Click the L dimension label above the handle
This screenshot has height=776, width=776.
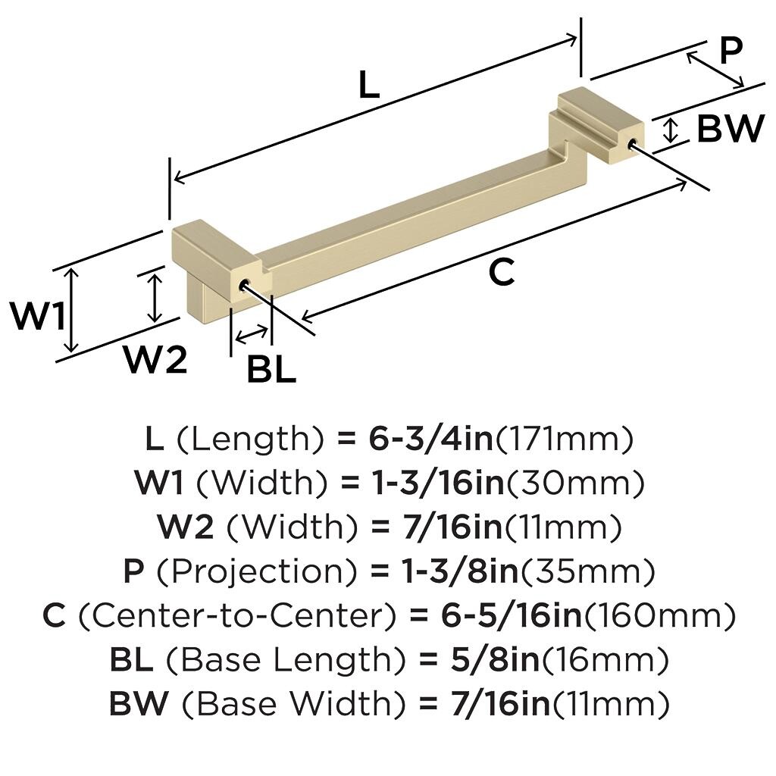coord(368,86)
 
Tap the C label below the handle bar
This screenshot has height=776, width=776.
coord(502,273)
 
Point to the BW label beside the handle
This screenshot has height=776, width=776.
coord(730,130)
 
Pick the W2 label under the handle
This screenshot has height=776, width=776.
coord(155,360)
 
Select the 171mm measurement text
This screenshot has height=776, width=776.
coord(564,438)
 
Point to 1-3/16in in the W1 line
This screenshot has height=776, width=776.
coord(436,482)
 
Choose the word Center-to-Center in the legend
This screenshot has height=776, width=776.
coord(236,615)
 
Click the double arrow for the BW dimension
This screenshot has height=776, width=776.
coord(670,130)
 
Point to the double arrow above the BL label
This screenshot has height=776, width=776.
coord(252,333)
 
